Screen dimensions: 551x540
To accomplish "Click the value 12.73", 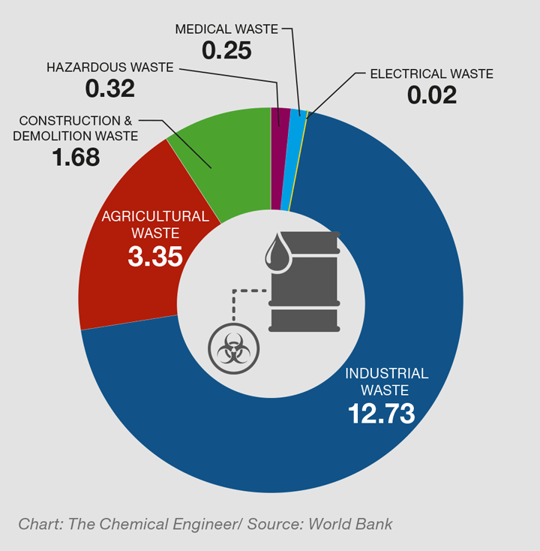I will tap(382, 413).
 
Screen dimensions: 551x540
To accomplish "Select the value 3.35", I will tap(155, 257).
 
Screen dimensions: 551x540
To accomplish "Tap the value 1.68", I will tap(75, 157).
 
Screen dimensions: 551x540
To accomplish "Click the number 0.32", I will tap(109, 88).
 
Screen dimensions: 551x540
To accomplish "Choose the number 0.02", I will tap(431, 95).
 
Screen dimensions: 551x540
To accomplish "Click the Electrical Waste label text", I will tap(431, 74).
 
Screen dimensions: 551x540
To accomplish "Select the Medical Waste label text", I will tap(226, 29).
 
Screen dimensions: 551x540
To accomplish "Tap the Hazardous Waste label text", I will tap(109, 68).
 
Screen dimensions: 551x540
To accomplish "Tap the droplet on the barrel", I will tap(278, 253).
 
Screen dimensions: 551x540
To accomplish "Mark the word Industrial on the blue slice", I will tap(386, 373).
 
